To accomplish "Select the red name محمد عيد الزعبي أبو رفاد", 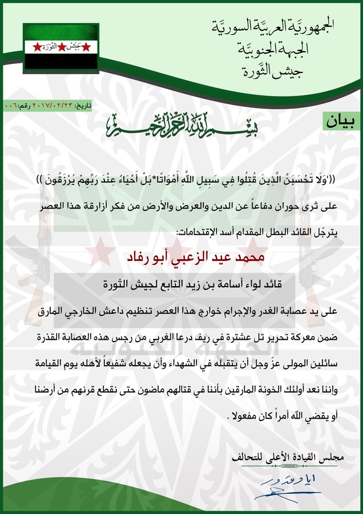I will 181,258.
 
